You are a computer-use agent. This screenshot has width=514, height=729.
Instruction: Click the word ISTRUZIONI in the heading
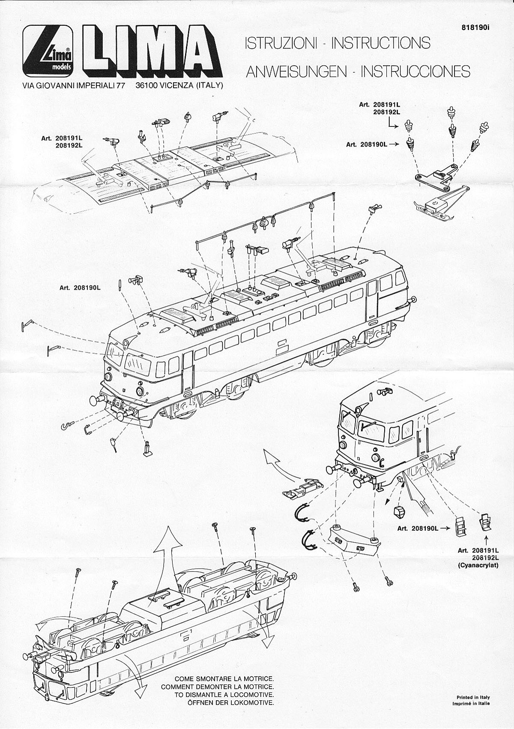pos(281,43)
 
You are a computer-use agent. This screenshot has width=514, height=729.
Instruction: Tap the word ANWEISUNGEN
pos(296,71)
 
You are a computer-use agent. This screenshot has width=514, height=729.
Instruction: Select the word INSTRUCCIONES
pos(415,71)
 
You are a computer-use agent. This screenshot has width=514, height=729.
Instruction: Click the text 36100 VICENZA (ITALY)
pos(179,85)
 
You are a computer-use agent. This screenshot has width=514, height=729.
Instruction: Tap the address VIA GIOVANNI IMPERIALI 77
pos(73,85)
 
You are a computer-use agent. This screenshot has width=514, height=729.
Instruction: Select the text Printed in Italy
pos(473,697)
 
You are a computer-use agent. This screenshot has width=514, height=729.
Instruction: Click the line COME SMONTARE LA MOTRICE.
pos(224,679)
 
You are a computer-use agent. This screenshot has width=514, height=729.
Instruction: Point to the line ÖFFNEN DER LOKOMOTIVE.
pos(230,703)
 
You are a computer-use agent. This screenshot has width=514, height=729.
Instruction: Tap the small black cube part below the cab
pos(400,511)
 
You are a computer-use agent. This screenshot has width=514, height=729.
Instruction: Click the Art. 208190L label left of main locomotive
pos(80,288)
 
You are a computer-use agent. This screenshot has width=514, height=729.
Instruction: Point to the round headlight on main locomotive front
pos(140,391)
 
